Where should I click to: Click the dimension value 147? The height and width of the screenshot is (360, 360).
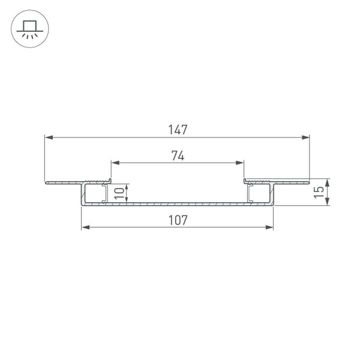[x=178, y=130]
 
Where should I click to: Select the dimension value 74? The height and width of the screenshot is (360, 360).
[x=178, y=155]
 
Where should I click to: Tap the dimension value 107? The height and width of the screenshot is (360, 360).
[x=178, y=220]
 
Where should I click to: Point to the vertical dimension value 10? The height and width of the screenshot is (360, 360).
[x=119, y=193]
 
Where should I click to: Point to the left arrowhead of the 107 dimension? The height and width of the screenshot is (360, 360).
[x=85, y=227]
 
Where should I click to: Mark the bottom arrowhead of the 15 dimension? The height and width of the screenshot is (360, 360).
[x=328, y=202]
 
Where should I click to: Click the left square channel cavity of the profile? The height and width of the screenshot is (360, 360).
[x=94, y=193]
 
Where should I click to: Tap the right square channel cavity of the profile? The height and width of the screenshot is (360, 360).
[x=260, y=193]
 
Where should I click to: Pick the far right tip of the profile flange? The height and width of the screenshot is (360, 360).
[x=308, y=181]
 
